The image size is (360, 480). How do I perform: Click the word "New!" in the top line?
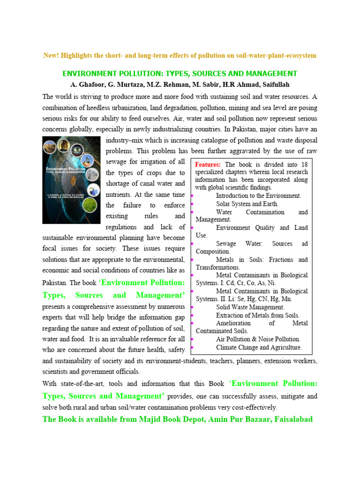50,56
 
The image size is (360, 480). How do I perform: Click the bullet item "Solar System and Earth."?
247,204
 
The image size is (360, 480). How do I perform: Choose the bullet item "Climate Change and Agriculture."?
259,347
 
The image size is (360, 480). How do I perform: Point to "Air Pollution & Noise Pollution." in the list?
258,339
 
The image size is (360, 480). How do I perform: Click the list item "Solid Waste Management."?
250,307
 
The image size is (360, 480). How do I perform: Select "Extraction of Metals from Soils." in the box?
257,315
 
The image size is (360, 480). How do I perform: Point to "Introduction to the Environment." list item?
258,195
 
